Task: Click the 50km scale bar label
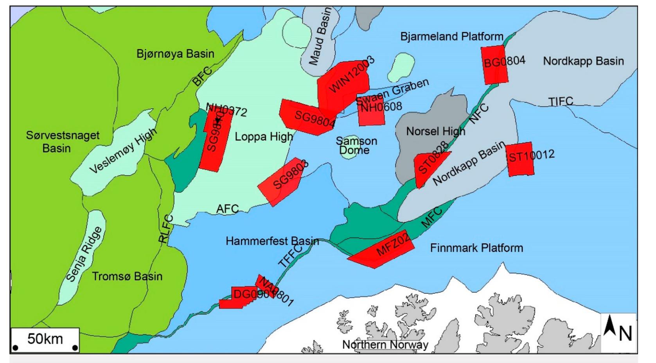click(x=45, y=338)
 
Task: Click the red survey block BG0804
click(x=495, y=65)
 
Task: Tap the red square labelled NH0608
click(x=371, y=112)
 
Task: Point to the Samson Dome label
click(x=356, y=146)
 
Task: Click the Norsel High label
click(x=435, y=131)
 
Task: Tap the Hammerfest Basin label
click(x=272, y=241)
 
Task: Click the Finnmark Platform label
click(x=476, y=248)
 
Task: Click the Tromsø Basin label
click(x=127, y=276)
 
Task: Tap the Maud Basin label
click(x=320, y=37)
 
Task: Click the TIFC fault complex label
click(x=560, y=101)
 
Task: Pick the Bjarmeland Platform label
click(x=451, y=37)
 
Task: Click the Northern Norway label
click(x=385, y=345)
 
